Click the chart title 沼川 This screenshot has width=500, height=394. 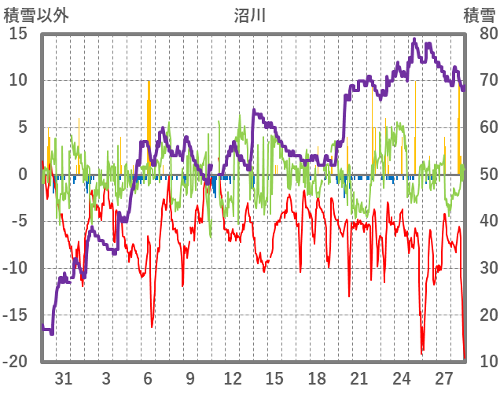250,14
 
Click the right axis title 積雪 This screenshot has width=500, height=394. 478,14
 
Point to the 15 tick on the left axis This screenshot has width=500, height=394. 18,33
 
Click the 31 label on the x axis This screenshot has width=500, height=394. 64,378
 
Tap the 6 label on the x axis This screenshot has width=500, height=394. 148,378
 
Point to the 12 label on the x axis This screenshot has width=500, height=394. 232,378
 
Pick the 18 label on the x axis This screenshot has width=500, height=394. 316,378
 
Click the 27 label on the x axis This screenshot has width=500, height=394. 443,378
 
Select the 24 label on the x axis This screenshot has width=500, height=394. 401,378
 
